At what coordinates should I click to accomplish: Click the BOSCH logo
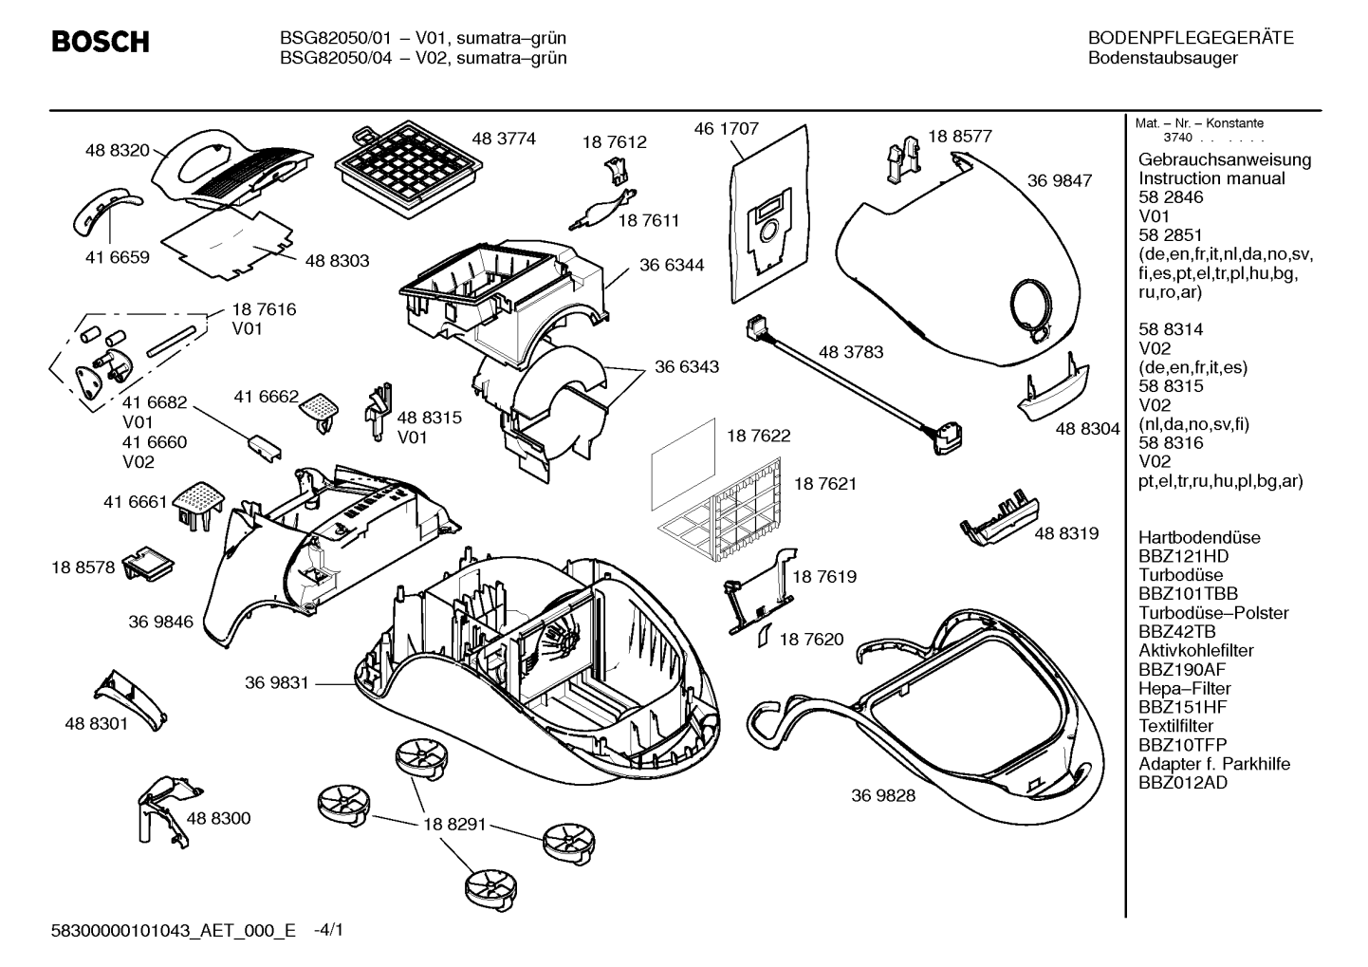pos(101,42)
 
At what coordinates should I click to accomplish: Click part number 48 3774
pos(503,139)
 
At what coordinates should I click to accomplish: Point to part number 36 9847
pos(1059,181)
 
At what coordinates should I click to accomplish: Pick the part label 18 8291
pos(455,824)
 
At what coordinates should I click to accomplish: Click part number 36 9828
pos(883,795)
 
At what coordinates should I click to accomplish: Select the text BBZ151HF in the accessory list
pos(1182,707)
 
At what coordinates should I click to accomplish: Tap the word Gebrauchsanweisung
pos(1225,159)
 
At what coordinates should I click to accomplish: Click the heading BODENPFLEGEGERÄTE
pos(1191,38)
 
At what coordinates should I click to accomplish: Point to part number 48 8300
pos(218,818)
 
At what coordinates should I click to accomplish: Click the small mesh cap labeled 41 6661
pos(198,505)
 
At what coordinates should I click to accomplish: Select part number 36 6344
pos(671,265)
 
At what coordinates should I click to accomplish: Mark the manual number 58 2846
pos(1170,197)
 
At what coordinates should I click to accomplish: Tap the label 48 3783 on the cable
pos(851,352)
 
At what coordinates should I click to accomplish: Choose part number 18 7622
pos(758,436)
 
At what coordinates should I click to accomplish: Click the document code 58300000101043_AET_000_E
pos(174,930)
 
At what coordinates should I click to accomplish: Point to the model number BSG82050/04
pos(335,58)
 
